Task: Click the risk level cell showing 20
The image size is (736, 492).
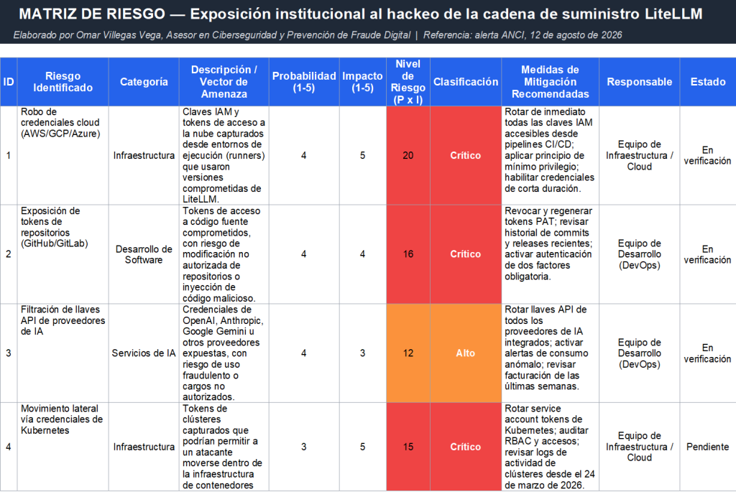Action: tap(408, 155)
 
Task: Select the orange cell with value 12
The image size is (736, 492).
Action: tap(408, 353)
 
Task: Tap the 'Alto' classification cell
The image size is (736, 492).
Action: tap(466, 353)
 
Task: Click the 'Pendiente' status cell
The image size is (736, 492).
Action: tap(707, 447)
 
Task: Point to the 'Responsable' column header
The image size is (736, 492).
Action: tap(639, 82)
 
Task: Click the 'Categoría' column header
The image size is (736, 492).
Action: tap(144, 82)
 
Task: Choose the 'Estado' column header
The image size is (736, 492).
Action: tap(708, 82)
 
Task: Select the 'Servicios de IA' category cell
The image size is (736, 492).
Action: tap(144, 353)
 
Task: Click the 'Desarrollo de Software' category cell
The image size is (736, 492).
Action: tap(144, 254)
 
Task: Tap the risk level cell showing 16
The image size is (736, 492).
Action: tap(408, 254)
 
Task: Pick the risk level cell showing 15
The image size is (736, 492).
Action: tap(408, 447)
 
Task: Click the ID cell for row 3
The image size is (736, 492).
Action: tap(9, 353)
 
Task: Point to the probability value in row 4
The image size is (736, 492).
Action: tap(304, 447)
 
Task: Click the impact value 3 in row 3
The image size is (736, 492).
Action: tap(362, 353)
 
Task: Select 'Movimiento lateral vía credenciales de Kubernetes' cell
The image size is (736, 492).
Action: tap(63, 447)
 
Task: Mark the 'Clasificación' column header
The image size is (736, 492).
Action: tap(466, 82)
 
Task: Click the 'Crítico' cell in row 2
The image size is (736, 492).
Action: tap(466, 254)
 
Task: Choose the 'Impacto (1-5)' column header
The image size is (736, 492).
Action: tap(362, 82)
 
